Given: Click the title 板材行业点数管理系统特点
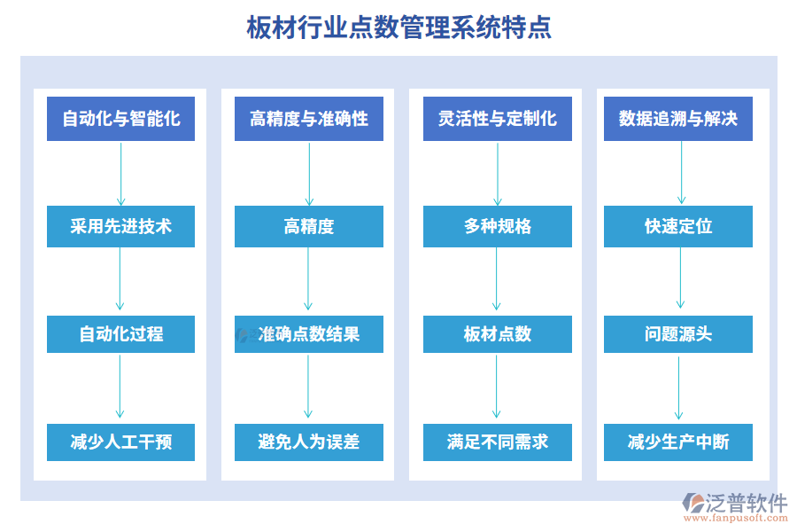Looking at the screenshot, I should pyautogui.click(x=398, y=27).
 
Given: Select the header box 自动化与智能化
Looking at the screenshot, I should pyautogui.click(x=120, y=119).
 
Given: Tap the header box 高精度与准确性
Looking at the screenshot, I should pyautogui.click(x=309, y=119).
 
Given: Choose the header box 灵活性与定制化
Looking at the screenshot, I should pyautogui.click(x=497, y=119).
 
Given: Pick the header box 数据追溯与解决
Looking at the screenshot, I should pyautogui.click(x=678, y=119).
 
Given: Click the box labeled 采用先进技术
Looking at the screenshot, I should pyautogui.click(x=120, y=226).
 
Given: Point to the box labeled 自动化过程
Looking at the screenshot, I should pyautogui.click(x=120, y=334).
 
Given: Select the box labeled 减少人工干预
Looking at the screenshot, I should pyautogui.click(x=120, y=442).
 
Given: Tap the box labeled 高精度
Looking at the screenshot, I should pyautogui.click(x=309, y=226).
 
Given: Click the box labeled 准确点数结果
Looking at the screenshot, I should pyautogui.click(x=309, y=334).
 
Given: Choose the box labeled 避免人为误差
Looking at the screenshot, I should pyautogui.click(x=309, y=442).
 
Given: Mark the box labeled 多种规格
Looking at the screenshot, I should pyautogui.click(x=497, y=226).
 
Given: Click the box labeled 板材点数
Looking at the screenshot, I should pyautogui.click(x=497, y=334).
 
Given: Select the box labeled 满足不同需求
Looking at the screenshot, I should pyautogui.click(x=497, y=442).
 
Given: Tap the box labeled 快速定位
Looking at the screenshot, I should pyautogui.click(x=678, y=226).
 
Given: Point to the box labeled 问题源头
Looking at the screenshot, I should pyautogui.click(x=678, y=334).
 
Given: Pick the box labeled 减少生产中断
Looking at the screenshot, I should pyautogui.click(x=678, y=442).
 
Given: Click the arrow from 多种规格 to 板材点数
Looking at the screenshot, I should pyautogui.click(x=497, y=279).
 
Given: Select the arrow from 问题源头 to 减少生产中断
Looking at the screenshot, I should pyautogui.click(x=679, y=387).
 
